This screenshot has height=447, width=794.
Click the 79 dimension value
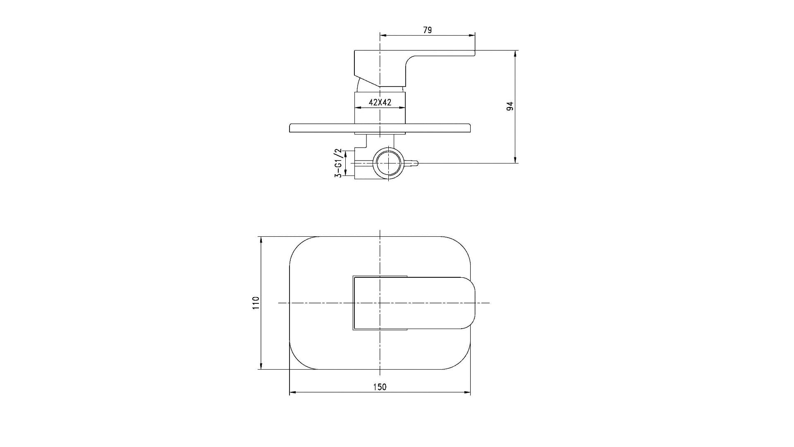pos(428,30)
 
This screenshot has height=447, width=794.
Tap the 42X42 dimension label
pos(380,102)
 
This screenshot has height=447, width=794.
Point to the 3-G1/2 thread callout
pos(338,163)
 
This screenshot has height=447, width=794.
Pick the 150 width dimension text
pos(380,387)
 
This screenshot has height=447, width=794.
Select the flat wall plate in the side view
pos(380,128)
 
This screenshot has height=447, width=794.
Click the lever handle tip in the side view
pos(474,53)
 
